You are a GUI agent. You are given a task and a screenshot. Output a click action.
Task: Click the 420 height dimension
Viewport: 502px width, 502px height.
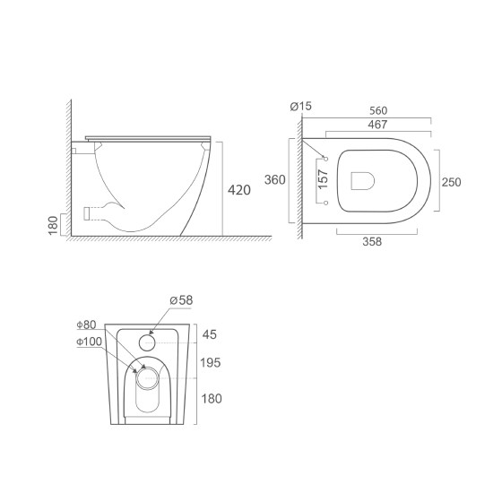tap(239, 190)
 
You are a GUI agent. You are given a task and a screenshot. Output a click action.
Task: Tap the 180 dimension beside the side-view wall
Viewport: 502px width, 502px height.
tap(53, 225)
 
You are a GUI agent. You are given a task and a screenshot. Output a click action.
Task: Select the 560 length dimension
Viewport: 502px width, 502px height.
tap(378, 111)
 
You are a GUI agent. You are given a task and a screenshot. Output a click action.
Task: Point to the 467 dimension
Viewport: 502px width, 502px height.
tap(377, 125)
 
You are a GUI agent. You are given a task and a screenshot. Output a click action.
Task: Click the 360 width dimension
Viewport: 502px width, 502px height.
tap(274, 180)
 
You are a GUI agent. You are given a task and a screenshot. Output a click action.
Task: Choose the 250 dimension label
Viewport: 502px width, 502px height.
tap(452, 182)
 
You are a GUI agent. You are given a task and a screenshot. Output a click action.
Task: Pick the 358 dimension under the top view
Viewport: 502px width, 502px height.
tap(372, 241)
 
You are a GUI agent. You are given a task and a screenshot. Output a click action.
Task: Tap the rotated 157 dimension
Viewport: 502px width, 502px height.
tap(323, 179)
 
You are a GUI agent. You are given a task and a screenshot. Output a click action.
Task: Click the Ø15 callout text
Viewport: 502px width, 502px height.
tap(300, 106)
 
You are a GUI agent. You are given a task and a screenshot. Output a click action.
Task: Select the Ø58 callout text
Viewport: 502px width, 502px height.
tap(181, 300)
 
